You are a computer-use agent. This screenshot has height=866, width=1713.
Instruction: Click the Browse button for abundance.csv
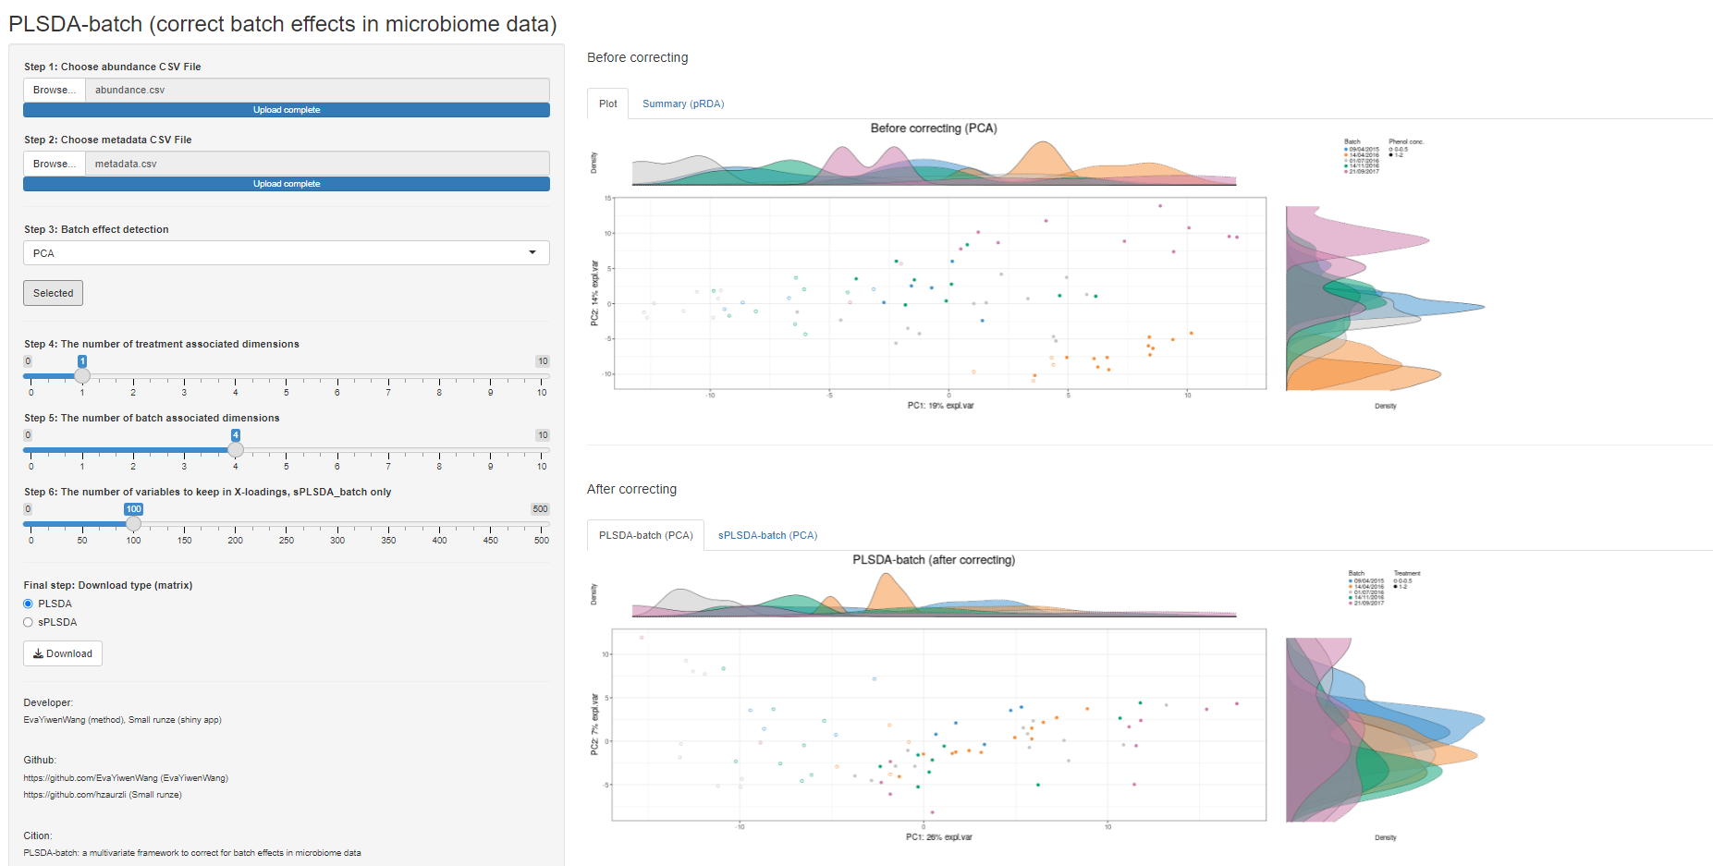coord(54,90)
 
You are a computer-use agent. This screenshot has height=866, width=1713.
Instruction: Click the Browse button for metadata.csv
coord(54,164)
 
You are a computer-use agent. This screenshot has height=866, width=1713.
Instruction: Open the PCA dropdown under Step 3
coord(286,253)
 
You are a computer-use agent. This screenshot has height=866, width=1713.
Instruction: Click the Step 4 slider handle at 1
coord(82,375)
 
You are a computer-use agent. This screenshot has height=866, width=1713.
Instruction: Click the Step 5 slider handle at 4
coord(236,449)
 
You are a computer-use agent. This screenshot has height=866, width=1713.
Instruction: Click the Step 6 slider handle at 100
coord(133,523)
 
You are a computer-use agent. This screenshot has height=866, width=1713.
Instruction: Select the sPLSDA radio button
coord(29,622)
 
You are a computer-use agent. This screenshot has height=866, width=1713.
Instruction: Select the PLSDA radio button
coord(29,604)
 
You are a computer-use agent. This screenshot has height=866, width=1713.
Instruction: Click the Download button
coord(63,653)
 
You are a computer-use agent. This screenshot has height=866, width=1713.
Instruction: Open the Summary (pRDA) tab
coord(682,104)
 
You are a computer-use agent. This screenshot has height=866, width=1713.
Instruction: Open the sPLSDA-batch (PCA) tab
coord(767,535)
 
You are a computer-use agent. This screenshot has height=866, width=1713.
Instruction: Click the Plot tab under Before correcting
coord(607,104)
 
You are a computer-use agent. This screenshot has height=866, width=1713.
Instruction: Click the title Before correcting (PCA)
coord(933,128)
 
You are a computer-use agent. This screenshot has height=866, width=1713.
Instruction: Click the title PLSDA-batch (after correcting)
coord(933,560)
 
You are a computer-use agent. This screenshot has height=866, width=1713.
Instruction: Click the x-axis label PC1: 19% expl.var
coord(940,405)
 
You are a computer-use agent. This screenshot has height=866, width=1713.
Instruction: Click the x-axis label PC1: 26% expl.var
coord(938,837)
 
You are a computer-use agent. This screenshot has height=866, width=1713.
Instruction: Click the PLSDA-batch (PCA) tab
coord(645,535)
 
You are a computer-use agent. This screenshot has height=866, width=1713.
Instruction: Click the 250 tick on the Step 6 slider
coord(287,540)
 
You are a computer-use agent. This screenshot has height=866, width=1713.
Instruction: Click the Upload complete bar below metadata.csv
coord(287,184)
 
